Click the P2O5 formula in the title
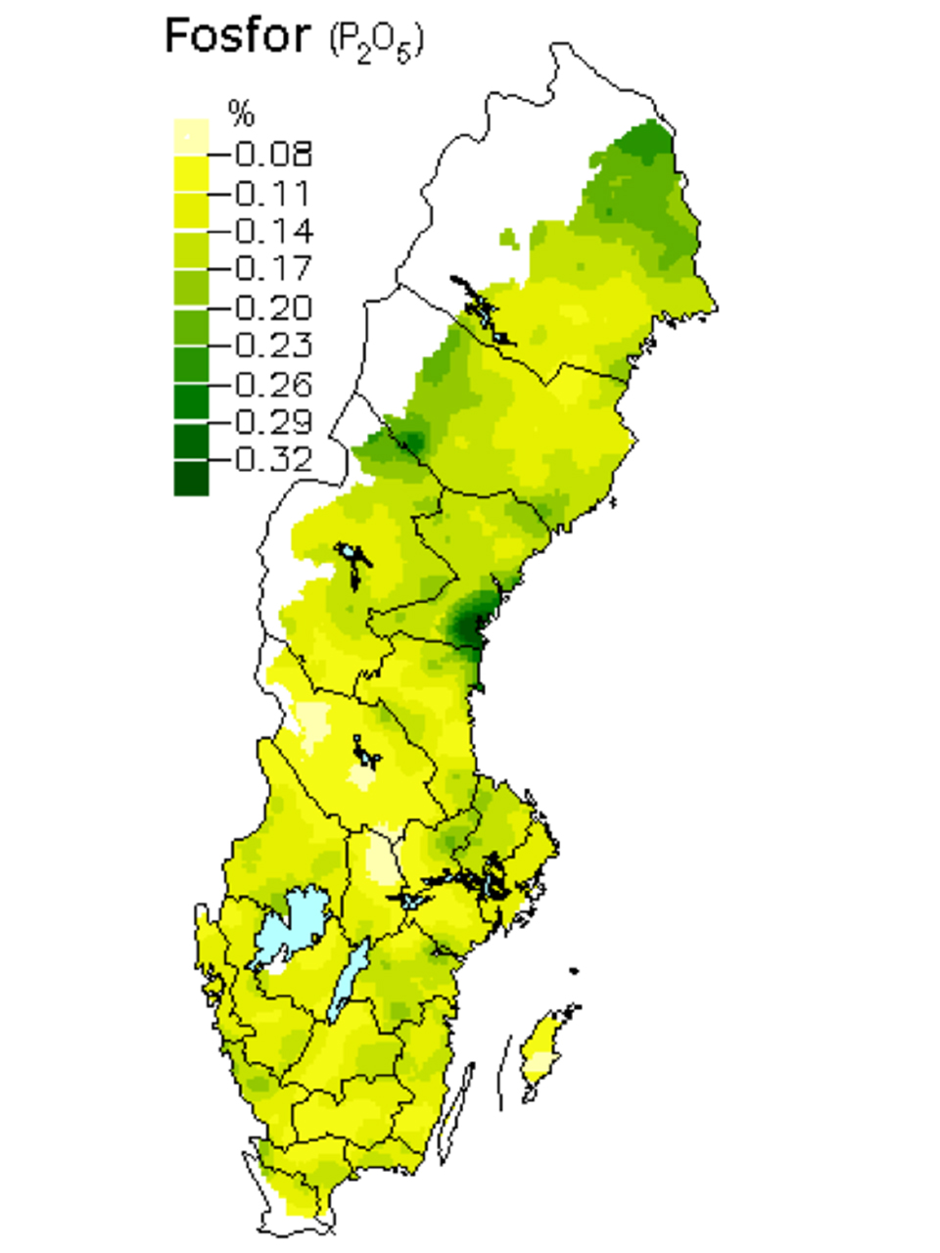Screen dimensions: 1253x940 click(x=376, y=41)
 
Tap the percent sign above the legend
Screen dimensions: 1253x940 click(x=241, y=114)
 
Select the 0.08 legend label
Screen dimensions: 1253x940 click(x=273, y=154)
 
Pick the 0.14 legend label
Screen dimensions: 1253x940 click(x=273, y=231)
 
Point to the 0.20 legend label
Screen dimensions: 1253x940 click(x=273, y=307)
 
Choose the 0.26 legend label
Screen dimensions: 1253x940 click(x=273, y=384)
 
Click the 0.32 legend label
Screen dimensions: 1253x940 click(x=273, y=459)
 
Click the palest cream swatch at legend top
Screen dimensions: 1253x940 click(x=191, y=135)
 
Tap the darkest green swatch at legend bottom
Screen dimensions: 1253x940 click(x=191, y=479)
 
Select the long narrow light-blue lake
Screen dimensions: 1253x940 click(x=348, y=979)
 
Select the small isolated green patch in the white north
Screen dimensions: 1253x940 click(x=507, y=236)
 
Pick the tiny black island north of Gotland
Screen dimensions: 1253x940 click(x=574, y=971)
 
